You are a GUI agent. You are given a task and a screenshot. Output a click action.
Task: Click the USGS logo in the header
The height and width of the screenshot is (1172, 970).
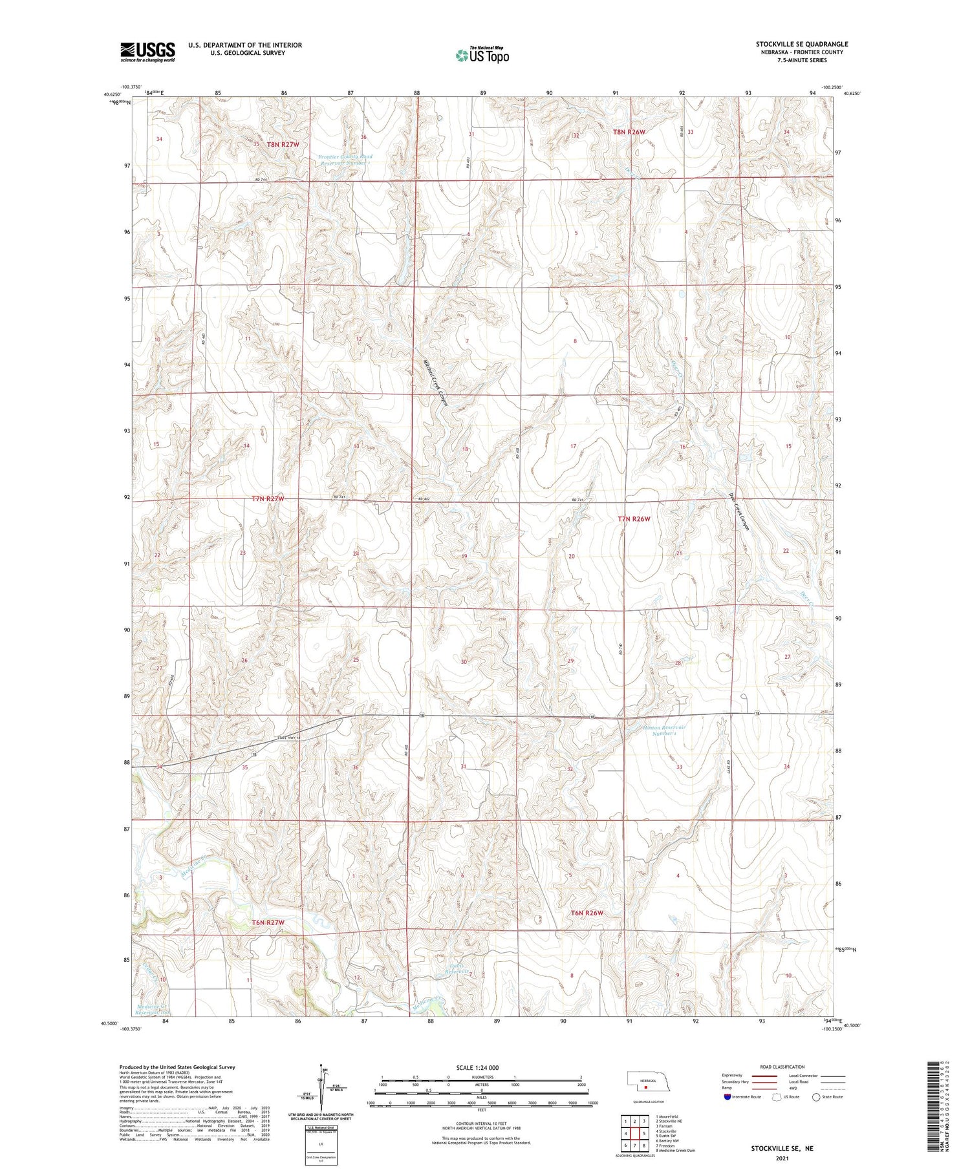[x=147, y=52]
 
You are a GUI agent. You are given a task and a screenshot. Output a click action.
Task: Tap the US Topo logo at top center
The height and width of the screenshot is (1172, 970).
[x=482, y=55]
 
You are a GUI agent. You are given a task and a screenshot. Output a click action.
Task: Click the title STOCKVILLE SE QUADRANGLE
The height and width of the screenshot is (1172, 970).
[x=802, y=44]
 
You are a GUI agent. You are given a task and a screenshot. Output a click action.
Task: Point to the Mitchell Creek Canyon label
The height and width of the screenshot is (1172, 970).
[x=435, y=383]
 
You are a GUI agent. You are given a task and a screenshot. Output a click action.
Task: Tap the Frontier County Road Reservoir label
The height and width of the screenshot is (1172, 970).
[x=345, y=160]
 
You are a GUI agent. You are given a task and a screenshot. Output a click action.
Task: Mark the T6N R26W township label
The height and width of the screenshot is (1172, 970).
[x=587, y=913]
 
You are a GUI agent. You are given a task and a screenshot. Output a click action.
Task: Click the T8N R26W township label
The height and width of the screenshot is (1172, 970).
[x=629, y=132]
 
